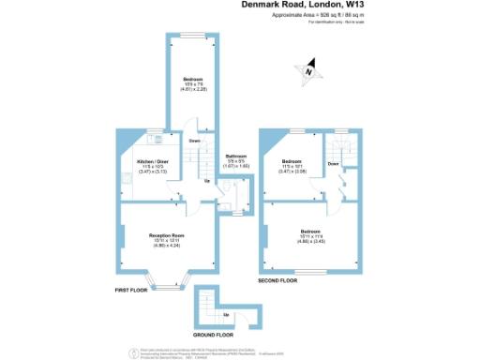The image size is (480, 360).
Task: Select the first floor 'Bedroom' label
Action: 193,80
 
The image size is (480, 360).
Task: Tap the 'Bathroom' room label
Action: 235,156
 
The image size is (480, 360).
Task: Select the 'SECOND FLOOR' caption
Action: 277,280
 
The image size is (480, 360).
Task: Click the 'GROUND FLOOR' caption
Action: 214,334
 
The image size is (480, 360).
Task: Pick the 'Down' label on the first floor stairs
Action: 195,142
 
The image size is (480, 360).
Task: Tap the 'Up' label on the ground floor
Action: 225,314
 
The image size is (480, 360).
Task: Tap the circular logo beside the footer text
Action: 130,352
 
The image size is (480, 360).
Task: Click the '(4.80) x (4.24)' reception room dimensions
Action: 166,246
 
